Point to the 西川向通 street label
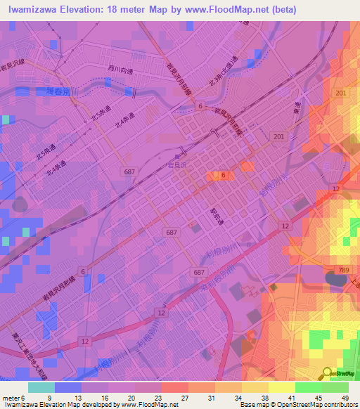tap(120, 69)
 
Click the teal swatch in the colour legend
tap(41, 387)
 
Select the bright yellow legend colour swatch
tap(281, 387)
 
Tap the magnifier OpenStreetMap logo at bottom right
tap(327, 373)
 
